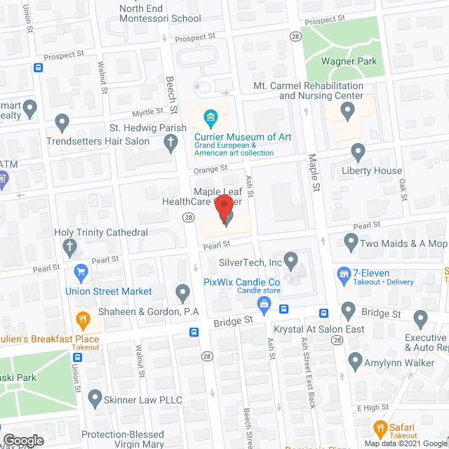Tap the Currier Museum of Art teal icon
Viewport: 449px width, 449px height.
click(x=209, y=116)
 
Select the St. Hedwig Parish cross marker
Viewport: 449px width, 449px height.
click(x=170, y=143)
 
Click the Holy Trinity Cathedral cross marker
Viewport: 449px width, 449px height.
click(x=69, y=246)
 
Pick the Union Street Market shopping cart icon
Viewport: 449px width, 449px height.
click(x=81, y=272)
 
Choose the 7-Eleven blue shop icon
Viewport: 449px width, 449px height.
click(x=344, y=273)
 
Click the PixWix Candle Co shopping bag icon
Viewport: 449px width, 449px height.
click(x=264, y=303)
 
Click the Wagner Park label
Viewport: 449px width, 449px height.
click(x=349, y=61)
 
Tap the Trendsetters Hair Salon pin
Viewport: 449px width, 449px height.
click(x=62, y=123)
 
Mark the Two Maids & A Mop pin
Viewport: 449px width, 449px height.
click(x=351, y=243)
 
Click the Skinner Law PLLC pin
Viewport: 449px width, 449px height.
click(x=95, y=399)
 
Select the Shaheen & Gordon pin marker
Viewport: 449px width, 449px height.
click(x=182, y=292)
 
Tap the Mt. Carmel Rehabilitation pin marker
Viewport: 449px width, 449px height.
click(x=347, y=110)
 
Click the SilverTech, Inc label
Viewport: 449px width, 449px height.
click(x=250, y=262)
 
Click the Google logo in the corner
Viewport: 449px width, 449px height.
click(x=22, y=440)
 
